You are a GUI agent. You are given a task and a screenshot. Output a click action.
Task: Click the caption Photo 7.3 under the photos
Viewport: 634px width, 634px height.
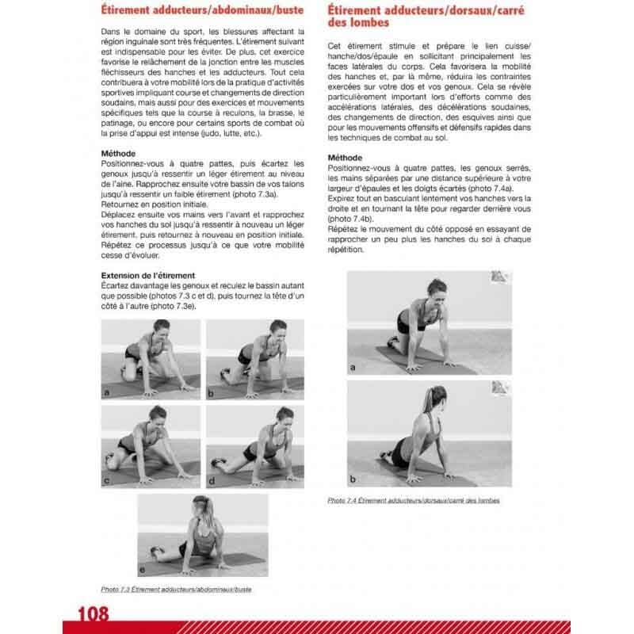tap(181, 590)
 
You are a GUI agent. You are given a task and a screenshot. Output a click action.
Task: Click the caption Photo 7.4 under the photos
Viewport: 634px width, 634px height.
tap(414, 501)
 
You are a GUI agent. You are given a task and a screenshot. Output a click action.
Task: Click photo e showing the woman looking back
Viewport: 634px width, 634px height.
tap(203, 536)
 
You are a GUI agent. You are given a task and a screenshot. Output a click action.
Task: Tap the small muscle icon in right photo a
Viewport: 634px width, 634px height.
tap(498, 277)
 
